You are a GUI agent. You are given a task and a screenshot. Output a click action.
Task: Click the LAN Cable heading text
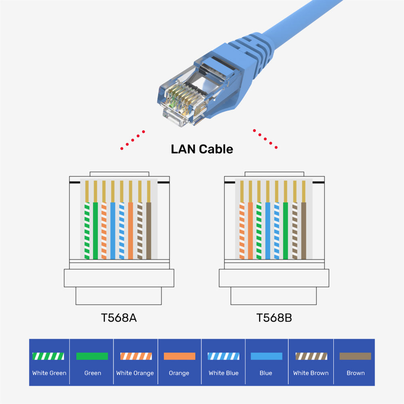tap(202, 149)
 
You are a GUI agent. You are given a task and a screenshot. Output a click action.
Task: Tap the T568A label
tap(119, 318)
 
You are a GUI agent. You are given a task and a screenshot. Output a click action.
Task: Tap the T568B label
tap(274, 318)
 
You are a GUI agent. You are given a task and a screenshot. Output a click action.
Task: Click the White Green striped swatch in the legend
tap(48, 356)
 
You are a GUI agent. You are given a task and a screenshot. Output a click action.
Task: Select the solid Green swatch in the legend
tap(92, 356)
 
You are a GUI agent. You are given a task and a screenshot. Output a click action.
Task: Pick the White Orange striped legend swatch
tap(136, 356)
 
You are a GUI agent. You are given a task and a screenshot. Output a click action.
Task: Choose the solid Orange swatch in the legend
tap(179, 356)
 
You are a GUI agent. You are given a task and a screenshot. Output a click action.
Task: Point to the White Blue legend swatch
tap(223, 356)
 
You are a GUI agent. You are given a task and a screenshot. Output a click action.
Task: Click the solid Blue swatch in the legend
tap(266, 356)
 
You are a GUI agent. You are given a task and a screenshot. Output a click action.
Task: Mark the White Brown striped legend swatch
tap(311, 356)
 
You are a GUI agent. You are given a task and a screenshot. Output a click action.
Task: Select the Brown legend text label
tap(356, 373)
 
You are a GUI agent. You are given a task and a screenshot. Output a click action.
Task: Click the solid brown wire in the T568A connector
tap(149, 230)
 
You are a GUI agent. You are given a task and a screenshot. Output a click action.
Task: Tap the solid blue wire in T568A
tap(113, 230)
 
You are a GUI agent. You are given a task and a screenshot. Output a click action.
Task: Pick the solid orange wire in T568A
tap(130, 230)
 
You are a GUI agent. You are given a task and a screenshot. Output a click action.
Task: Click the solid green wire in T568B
tap(286, 230)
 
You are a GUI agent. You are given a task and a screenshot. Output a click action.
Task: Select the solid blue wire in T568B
tap(268, 230)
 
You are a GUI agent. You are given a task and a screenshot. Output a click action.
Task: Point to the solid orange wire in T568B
tap(250, 230)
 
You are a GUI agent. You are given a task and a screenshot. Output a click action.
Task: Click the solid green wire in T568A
tap(95, 230)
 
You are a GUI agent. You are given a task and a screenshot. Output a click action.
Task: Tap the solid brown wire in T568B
tap(304, 230)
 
